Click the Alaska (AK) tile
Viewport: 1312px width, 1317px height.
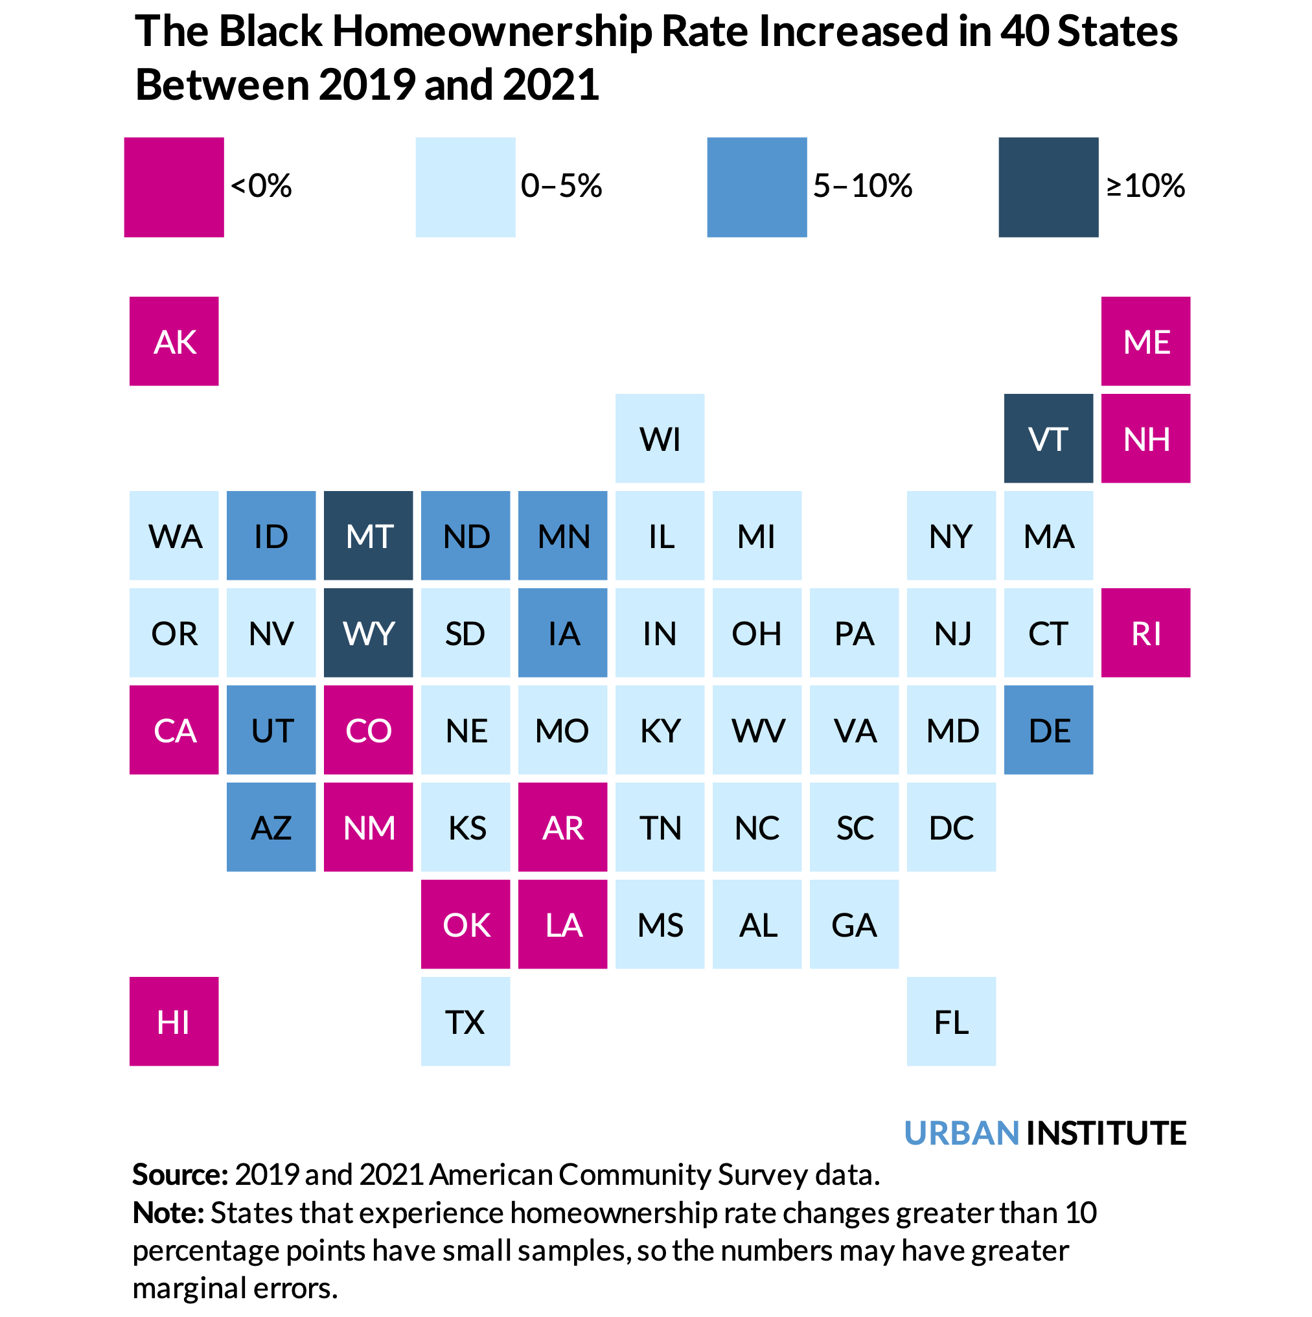click(x=174, y=341)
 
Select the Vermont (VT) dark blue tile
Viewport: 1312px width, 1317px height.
click(x=1048, y=439)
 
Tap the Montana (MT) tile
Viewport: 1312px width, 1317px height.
click(x=368, y=535)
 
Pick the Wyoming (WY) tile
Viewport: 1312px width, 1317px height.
click(x=368, y=633)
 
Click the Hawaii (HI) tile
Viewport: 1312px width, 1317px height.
click(x=174, y=1021)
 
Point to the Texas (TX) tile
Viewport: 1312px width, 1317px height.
click(x=465, y=1021)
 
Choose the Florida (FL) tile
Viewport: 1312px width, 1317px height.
click(x=951, y=1021)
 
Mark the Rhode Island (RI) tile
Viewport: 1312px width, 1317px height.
click(x=1145, y=633)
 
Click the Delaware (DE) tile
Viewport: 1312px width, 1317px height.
click(x=1048, y=730)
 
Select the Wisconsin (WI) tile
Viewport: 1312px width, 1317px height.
click(x=660, y=439)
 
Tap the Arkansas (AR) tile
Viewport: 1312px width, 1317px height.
click(x=562, y=827)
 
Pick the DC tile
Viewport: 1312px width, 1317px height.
click(x=951, y=827)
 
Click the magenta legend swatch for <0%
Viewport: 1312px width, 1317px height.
click(x=174, y=187)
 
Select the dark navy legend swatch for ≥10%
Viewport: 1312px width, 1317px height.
click(x=1048, y=187)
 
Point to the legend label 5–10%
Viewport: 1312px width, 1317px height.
click(x=862, y=186)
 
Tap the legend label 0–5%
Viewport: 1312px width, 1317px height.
click(x=561, y=186)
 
